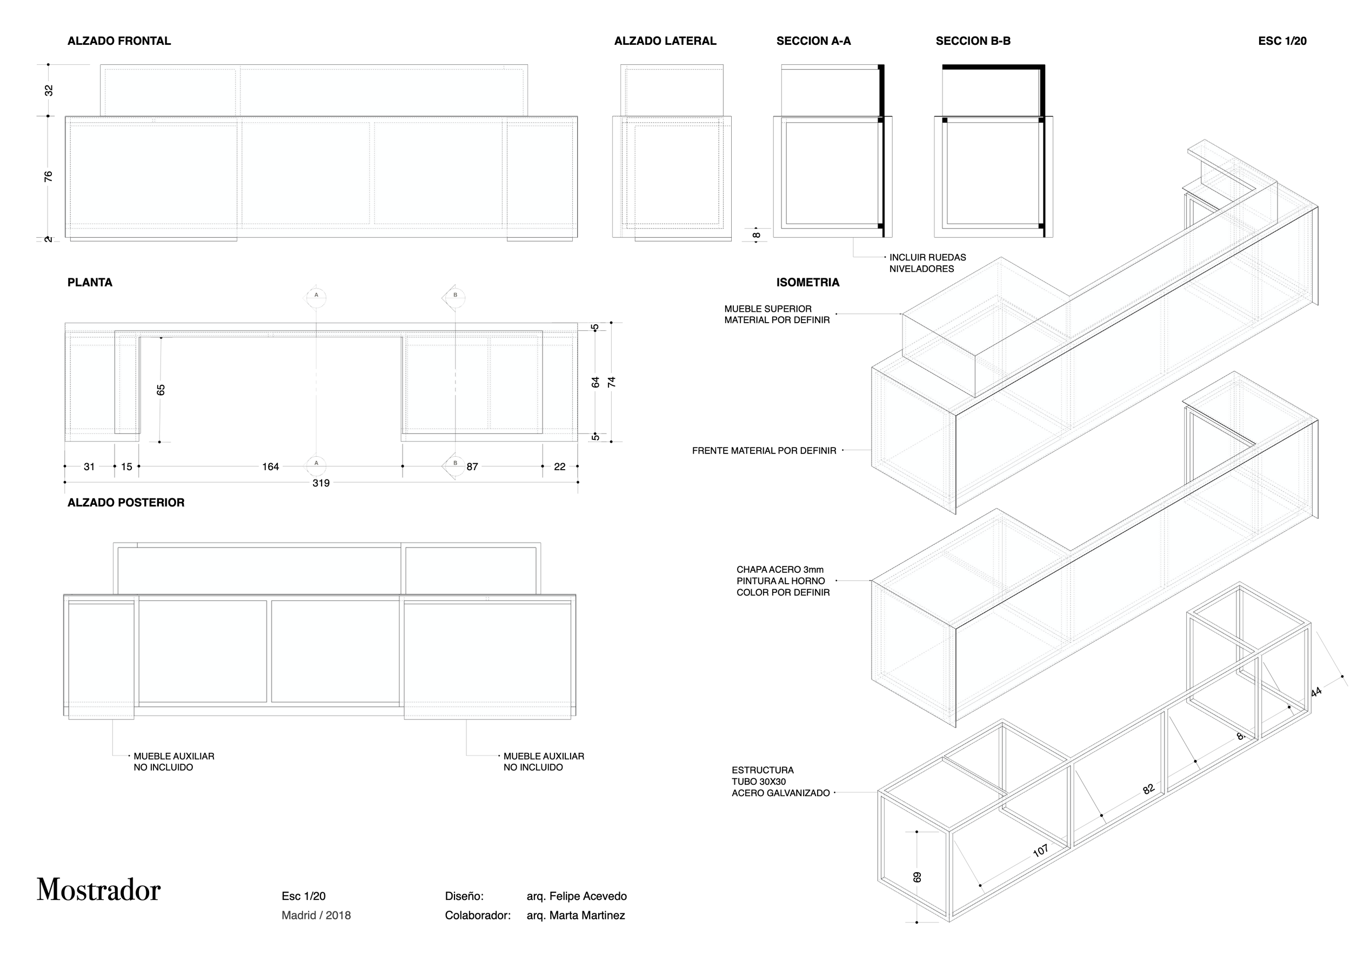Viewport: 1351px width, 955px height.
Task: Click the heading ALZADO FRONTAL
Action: tap(119, 41)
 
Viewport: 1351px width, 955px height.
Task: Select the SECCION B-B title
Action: tap(973, 41)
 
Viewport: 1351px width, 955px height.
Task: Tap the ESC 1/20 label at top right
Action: tap(1282, 41)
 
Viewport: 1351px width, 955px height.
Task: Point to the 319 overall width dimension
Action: tap(320, 483)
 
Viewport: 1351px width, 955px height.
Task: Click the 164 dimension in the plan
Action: tap(270, 466)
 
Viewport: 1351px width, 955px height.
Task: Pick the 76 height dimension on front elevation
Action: tap(48, 176)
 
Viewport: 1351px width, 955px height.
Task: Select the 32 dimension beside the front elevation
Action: tap(49, 90)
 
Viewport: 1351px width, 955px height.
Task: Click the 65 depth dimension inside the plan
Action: tap(160, 390)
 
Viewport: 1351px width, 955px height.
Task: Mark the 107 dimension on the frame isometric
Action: tap(1040, 850)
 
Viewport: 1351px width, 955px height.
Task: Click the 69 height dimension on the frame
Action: tap(917, 877)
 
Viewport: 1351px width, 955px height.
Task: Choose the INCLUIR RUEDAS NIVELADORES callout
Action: tap(927, 263)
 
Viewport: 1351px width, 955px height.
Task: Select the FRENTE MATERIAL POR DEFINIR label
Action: tap(764, 451)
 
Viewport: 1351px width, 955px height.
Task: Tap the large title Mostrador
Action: tap(98, 890)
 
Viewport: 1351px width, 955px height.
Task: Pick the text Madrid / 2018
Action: tap(316, 916)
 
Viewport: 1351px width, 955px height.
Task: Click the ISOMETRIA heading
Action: tap(807, 283)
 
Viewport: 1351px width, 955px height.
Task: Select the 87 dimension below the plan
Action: tap(472, 466)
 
